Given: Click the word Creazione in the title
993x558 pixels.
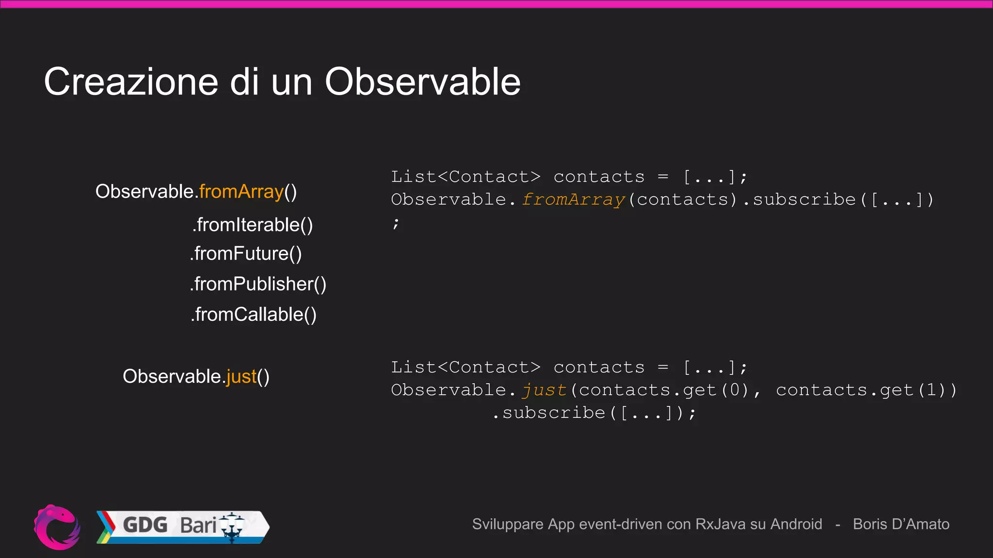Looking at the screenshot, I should [131, 81].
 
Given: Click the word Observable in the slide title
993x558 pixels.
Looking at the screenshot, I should [422, 81].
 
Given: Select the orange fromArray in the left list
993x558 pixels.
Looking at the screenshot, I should [241, 192].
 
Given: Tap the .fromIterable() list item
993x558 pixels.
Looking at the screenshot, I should [253, 225].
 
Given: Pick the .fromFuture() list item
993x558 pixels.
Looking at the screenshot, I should [246, 254].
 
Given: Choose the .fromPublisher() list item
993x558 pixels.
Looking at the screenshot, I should [258, 284].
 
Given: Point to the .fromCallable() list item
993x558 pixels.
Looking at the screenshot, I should [253, 315].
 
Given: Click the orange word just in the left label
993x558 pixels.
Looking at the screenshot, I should [241, 376].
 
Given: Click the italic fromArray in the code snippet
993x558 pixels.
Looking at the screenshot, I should [573, 200].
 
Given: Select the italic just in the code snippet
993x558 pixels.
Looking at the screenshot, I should [544, 390].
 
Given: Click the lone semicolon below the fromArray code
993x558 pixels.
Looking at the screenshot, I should [396, 223].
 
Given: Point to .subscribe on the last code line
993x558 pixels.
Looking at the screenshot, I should [549, 413].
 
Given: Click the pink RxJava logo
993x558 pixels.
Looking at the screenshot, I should [57, 527].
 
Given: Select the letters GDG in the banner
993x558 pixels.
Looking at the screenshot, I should [145, 525].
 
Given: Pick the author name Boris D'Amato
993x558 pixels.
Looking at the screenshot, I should [901, 524].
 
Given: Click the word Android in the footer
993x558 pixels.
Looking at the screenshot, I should [796, 524].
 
